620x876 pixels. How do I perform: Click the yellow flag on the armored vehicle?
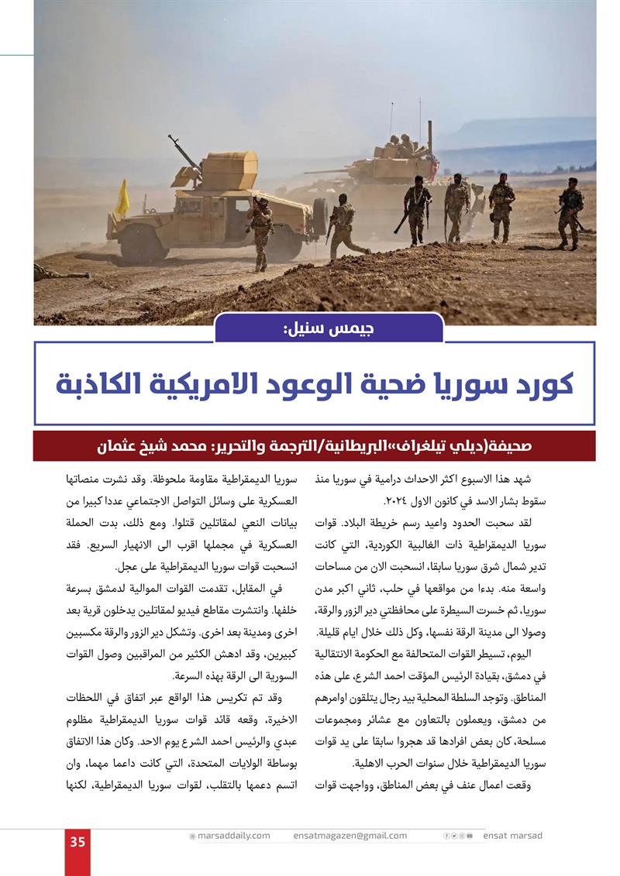[122, 198]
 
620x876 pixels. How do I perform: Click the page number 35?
[77, 842]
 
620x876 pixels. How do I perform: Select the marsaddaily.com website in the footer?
[233, 836]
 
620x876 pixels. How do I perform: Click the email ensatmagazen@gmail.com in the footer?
[350, 836]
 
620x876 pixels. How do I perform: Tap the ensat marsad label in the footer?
[513, 836]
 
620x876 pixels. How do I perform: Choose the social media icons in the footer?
[458, 836]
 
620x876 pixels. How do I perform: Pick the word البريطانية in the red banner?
[389, 447]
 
